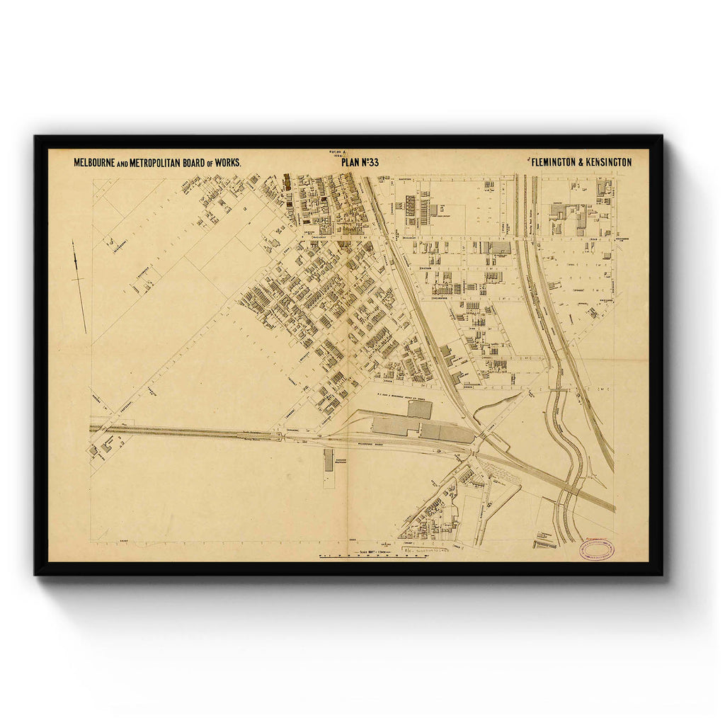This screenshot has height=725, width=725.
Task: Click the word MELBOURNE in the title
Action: tap(95, 163)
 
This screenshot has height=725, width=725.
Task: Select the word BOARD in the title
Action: tap(200, 163)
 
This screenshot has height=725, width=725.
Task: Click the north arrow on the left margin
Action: tap(79, 286)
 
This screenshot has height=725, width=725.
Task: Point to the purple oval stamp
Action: tap(595, 550)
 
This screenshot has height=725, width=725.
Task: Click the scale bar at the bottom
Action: tap(374, 556)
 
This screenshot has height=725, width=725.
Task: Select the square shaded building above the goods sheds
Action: tap(419, 409)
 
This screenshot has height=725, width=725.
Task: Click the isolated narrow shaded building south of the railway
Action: tap(329, 460)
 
